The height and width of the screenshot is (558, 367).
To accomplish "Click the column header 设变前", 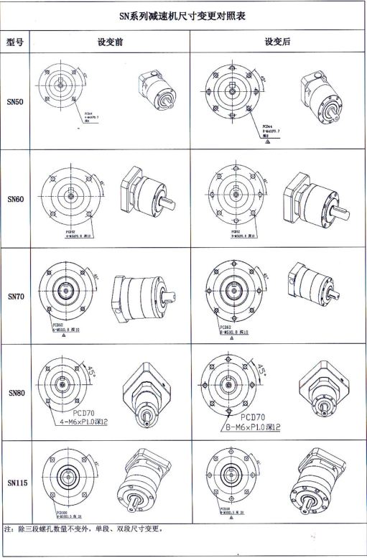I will [x=111, y=42].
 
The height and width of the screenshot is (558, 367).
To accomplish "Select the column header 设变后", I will [x=277, y=42].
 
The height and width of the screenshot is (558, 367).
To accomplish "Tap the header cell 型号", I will [x=16, y=42].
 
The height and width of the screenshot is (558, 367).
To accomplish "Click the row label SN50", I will [x=16, y=102].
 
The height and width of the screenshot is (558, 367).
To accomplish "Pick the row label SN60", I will [x=16, y=199].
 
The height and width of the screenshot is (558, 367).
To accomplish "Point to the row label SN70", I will [x=16, y=296].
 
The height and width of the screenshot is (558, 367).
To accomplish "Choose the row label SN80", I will [x=16, y=393].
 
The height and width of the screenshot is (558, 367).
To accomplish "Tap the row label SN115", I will [x=16, y=483].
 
